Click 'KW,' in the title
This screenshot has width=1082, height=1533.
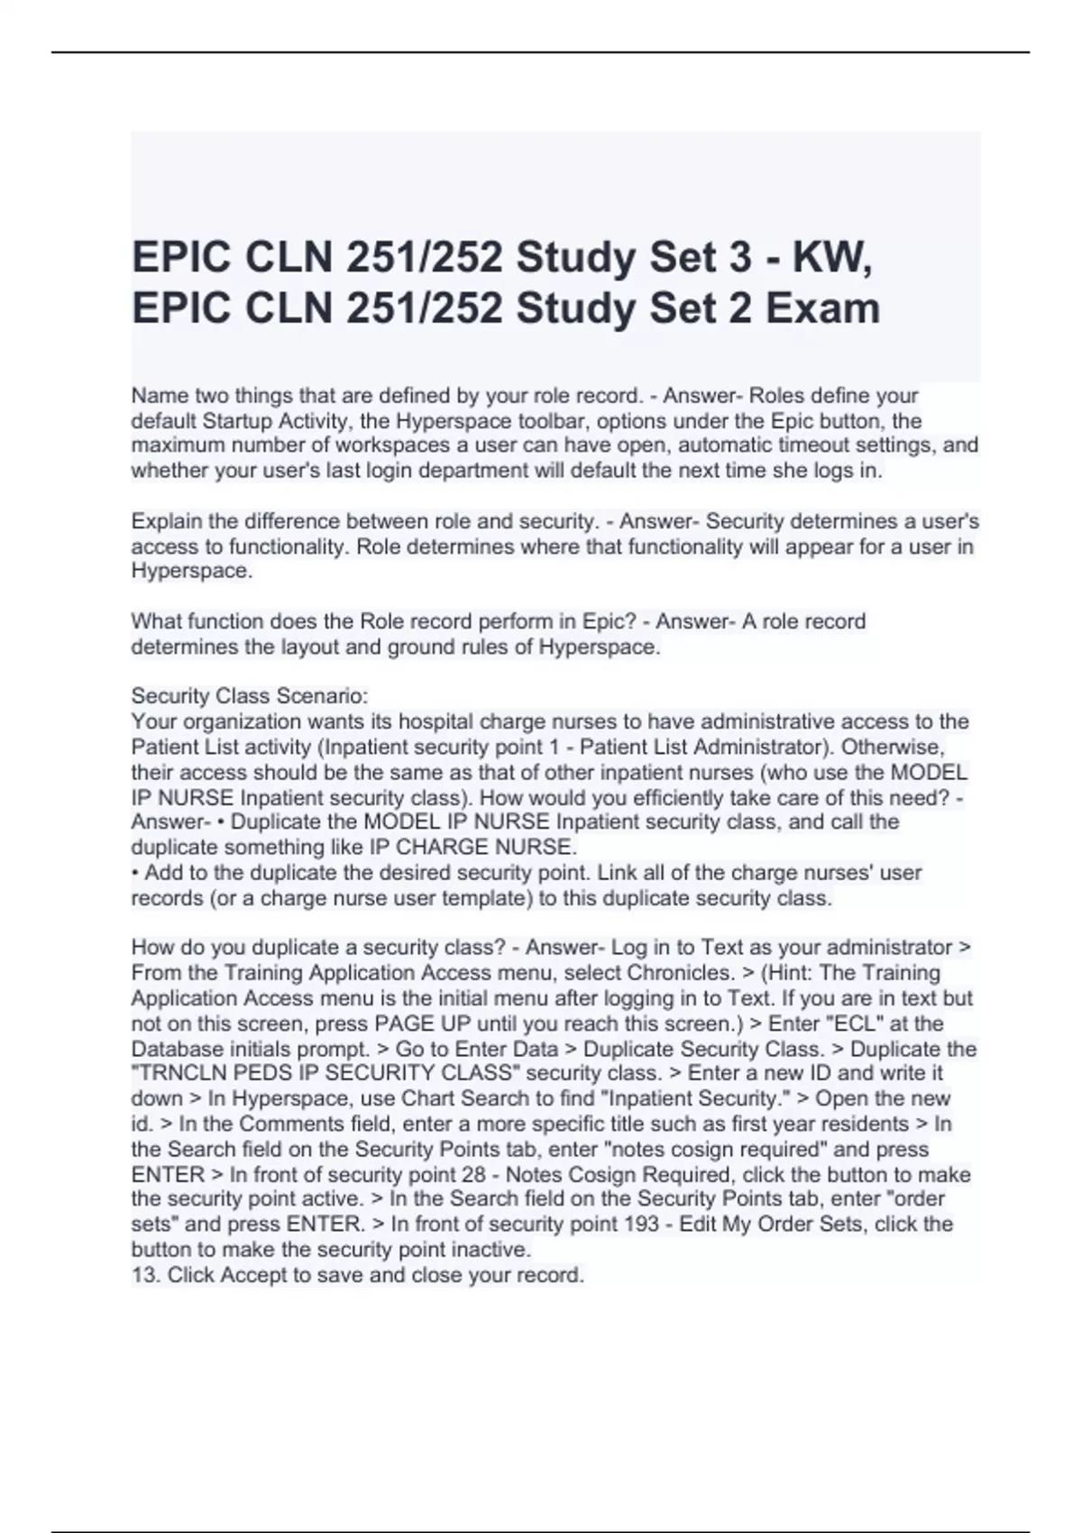coord(832,258)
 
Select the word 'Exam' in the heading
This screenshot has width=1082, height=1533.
coord(822,308)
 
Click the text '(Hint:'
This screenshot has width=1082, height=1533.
coord(783,973)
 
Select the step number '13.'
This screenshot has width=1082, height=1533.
coord(146,1275)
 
